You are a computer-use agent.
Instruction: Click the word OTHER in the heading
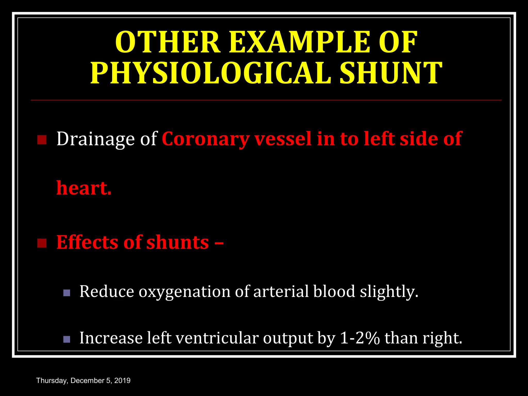[168, 42]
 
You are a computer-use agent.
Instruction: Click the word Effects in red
[87, 242]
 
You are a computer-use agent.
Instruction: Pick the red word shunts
[178, 242]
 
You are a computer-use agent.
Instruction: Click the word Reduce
[106, 292]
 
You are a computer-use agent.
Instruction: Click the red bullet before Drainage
[42, 140]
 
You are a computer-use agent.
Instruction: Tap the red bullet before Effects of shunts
[42, 243]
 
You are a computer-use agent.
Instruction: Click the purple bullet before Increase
[67, 339]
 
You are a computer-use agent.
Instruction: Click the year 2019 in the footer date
[122, 381]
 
